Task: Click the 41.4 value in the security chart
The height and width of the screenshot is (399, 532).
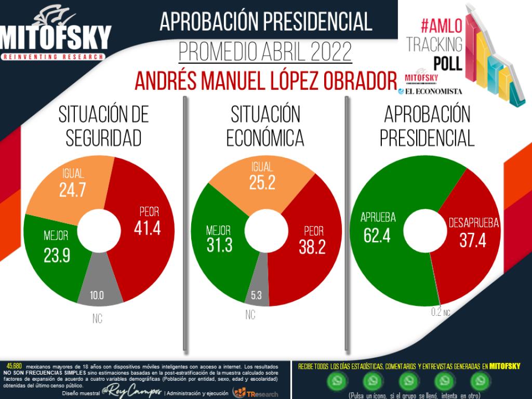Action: (x=147, y=228)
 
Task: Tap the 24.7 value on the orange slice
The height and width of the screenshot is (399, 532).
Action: (x=72, y=190)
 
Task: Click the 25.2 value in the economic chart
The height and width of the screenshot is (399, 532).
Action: (x=262, y=183)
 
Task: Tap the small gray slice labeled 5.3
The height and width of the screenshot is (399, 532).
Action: (x=256, y=296)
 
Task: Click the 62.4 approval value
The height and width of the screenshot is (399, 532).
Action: (x=377, y=235)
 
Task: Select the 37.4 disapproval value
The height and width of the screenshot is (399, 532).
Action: (x=473, y=240)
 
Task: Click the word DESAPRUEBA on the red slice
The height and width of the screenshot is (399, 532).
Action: (x=473, y=223)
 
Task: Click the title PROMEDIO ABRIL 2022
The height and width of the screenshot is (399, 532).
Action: (x=265, y=51)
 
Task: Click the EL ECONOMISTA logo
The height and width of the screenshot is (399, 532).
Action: (x=430, y=91)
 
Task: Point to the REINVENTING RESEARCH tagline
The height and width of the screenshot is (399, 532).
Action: (x=54, y=56)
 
